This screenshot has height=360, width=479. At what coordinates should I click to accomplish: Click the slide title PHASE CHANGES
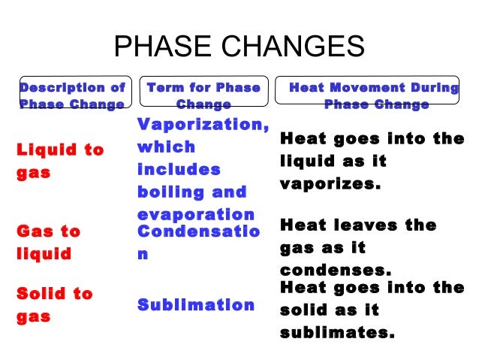click(239, 47)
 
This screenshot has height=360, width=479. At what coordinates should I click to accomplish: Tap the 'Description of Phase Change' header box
click(73, 96)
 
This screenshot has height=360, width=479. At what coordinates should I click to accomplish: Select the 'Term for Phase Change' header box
click(203, 96)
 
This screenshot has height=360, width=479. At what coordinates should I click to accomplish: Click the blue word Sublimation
click(196, 304)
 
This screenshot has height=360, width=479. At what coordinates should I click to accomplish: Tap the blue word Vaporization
click(203, 124)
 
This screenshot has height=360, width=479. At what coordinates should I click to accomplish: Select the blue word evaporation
click(196, 213)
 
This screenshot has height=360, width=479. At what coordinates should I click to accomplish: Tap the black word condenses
click(336, 270)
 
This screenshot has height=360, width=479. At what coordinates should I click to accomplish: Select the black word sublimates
click(337, 332)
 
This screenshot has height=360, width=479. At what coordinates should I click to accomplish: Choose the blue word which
click(166, 147)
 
